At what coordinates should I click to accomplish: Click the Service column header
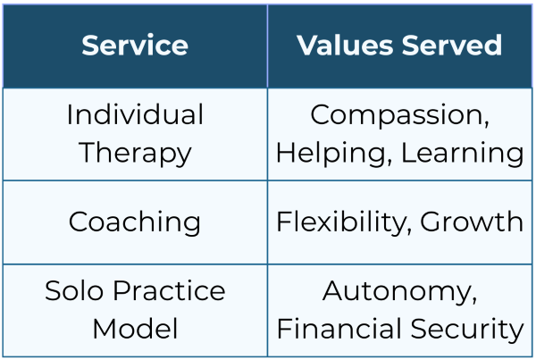pyautogui.click(x=135, y=46)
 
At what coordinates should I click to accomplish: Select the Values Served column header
pyautogui.click(x=399, y=46)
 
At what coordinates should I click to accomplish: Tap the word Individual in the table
pyautogui.click(x=135, y=115)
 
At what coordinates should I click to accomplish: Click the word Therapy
pyautogui.click(x=135, y=153)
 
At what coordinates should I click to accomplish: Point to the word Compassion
pyautogui.click(x=396, y=115)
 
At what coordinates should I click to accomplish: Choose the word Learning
pyautogui.click(x=462, y=153)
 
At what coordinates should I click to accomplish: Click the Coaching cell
pyautogui.click(x=135, y=222)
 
